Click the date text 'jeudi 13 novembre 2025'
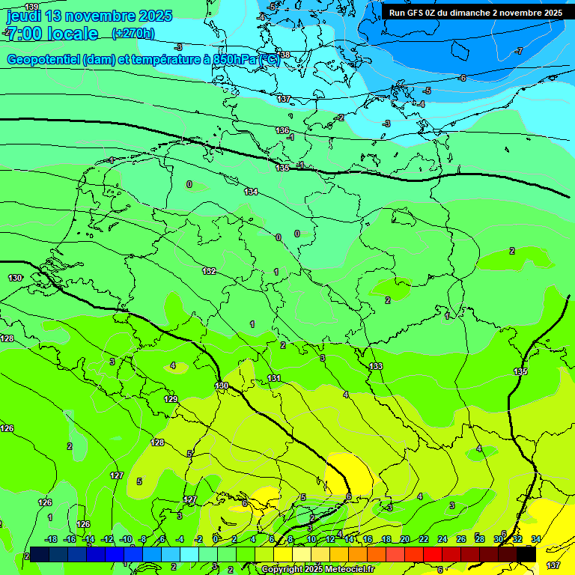(x=89, y=16)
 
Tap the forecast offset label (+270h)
(x=133, y=33)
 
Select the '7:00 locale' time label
(x=52, y=34)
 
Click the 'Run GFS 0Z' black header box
(x=475, y=13)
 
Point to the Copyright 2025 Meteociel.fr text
(x=318, y=569)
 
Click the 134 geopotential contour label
(x=251, y=192)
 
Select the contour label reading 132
(x=210, y=271)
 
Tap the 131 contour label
(x=274, y=378)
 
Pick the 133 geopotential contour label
(x=376, y=366)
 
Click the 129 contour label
(x=171, y=399)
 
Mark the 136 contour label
(x=282, y=130)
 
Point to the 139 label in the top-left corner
(x=31, y=7)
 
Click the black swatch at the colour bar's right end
(x=526, y=553)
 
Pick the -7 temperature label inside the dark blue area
(x=519, y=51)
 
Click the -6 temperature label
(x=462, y=78)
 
